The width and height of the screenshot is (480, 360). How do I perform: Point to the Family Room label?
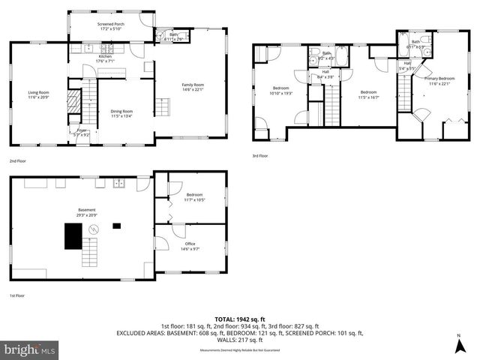tap(193, 88)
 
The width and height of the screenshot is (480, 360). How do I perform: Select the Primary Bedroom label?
tap(439, 80)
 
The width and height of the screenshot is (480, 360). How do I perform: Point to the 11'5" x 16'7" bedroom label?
tap(367, 94)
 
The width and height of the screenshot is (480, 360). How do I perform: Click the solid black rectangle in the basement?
tap(73, 237)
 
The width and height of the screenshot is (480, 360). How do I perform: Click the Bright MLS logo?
tap(30, 349)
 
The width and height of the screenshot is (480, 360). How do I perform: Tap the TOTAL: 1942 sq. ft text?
tap(240, 319)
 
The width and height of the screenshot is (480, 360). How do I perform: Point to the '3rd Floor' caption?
tap(260, 156)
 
